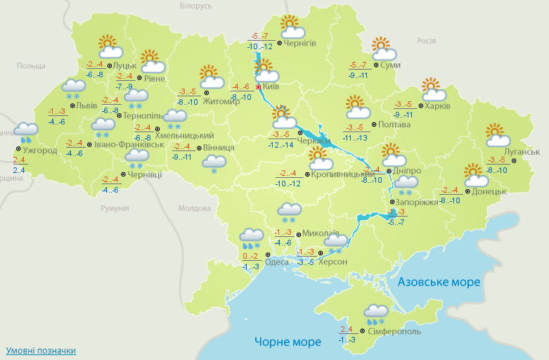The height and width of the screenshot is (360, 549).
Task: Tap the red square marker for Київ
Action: [258, 87]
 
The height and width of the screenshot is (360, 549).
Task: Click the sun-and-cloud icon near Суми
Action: [383, 49]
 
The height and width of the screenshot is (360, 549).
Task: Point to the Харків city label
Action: [437, 107]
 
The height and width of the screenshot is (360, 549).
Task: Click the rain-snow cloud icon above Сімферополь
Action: [376, 314]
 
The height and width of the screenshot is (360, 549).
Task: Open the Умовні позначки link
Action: [40, 350]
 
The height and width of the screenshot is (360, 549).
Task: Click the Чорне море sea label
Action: [288, 342]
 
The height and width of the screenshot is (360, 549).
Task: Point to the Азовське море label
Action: [439, 282]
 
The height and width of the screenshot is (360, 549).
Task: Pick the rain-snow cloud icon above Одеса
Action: [251, 239]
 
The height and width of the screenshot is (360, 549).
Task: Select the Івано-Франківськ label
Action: [125, 145]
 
